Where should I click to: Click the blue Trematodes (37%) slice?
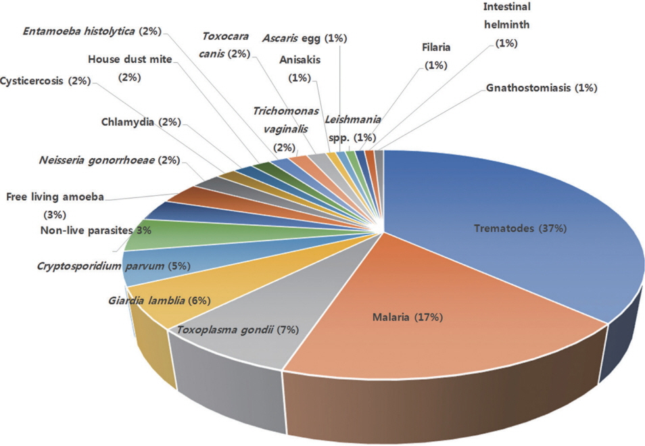pos(514,230)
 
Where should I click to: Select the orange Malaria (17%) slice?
pos(406,318)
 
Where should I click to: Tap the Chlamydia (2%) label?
pos(141,122)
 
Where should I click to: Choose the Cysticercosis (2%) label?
pos(45,81)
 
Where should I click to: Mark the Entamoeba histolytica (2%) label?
pos(92,31)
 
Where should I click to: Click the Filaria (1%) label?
pos(437,56)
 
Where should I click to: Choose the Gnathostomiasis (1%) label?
pos(542,88)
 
